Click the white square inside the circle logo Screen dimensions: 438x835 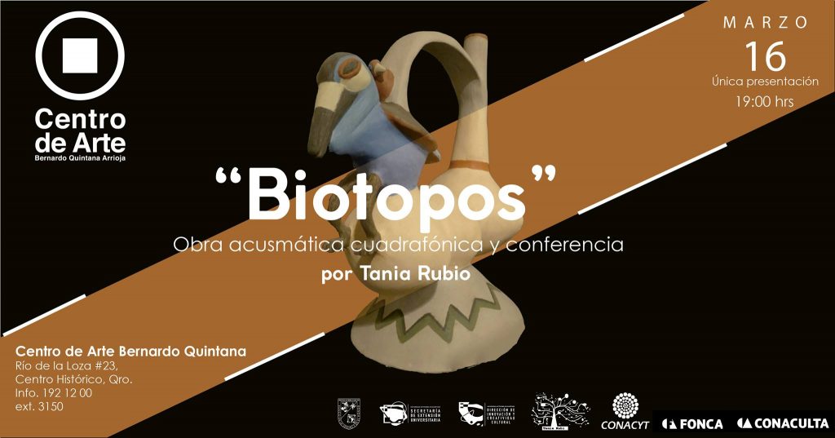[80, 55]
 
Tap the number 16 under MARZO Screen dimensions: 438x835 [765, 56]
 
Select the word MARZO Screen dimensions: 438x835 [766, 23]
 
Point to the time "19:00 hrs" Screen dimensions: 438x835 [764, 102]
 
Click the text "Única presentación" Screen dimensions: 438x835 [764, 82]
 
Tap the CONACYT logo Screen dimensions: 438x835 [625, 411]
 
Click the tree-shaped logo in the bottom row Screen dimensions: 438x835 [559, 410]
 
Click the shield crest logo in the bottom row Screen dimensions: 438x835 [349, 412]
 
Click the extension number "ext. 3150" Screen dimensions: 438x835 [39, 406]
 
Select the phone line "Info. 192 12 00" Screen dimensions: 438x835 [54, 393]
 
